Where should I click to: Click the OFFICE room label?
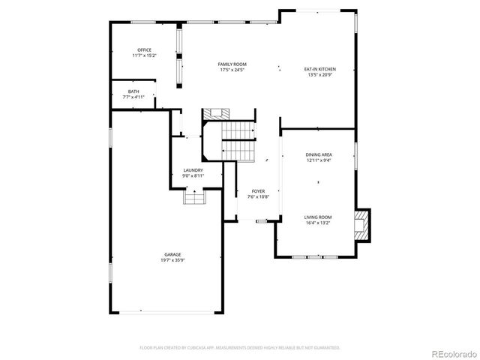tap(144, 50)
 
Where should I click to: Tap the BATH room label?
tap(133, 91)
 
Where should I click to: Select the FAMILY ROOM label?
tap(232, 64)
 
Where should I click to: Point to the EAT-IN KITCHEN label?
tap(319, 69)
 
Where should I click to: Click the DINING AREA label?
tap(319, 154)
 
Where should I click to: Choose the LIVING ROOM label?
tap(319, 217)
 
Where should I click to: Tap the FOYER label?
tap(258, 191)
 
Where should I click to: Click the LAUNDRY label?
tap(193, 170)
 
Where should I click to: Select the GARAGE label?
tap(172, 254)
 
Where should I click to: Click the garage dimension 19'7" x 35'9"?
tap(172, 260)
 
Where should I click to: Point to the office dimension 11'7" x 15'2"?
tap(144, 55)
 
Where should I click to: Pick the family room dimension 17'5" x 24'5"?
tap(232, 70)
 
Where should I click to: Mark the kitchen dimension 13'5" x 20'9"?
tap(319, 75)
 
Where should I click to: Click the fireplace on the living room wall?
tap(362, 225)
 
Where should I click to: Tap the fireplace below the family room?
tap(219, 115)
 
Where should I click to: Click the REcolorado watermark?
tap(451, 353)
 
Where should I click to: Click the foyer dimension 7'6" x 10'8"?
tap(258, 196)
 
